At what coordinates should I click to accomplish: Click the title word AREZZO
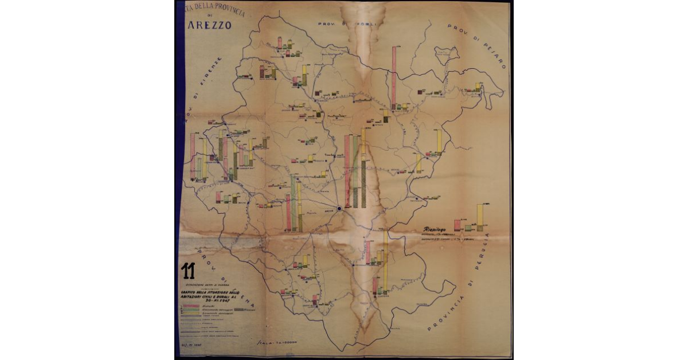[x=209, y=25]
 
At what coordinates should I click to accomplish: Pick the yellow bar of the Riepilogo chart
[x=480, y=218]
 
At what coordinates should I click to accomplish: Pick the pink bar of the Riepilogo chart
[x=457, y=225]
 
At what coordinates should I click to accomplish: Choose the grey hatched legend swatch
[x=235, y=310]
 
